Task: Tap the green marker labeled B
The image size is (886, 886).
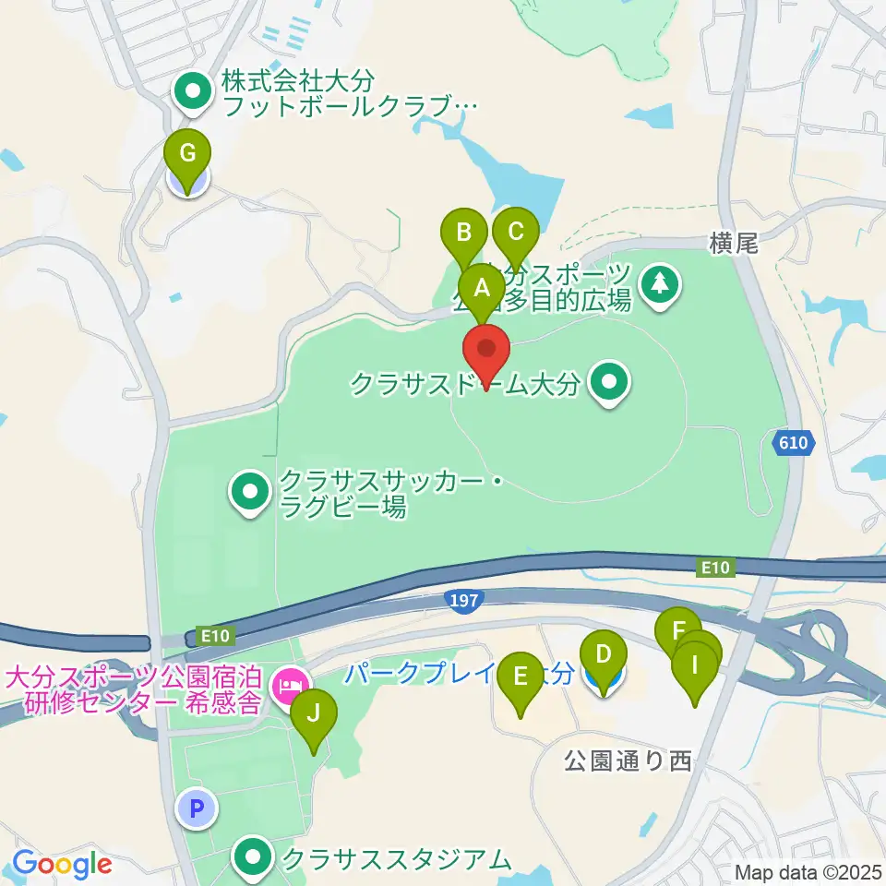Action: point(464,233)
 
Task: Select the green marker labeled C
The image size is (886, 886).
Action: point(515,233)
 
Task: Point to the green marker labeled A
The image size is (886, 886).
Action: point(482,288)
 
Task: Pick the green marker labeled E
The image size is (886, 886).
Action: point(521,676)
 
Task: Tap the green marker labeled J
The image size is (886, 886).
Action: point(314,713)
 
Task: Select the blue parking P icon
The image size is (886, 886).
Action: point(196,809)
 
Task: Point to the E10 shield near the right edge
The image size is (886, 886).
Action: point(715,569)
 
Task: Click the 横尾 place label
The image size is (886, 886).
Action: point(734,243)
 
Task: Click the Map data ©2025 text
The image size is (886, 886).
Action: point(807,871)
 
